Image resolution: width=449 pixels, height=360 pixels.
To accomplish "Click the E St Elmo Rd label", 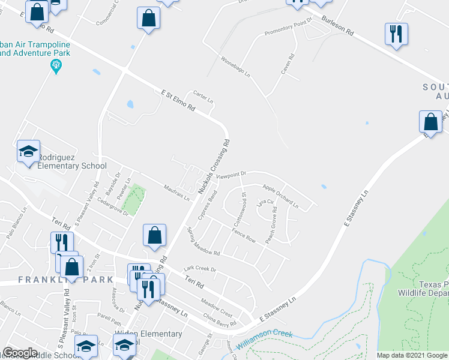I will pos(178,99).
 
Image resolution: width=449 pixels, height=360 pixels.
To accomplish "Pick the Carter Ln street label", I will pos(203,97).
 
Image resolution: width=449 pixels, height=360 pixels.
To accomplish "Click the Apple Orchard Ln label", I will pos(280,195).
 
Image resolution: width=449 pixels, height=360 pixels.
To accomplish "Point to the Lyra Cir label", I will pos(265,203).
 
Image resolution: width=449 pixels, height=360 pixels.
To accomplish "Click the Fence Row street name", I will pos(244,235).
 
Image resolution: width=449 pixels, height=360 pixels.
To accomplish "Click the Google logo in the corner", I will pos(20,353).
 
